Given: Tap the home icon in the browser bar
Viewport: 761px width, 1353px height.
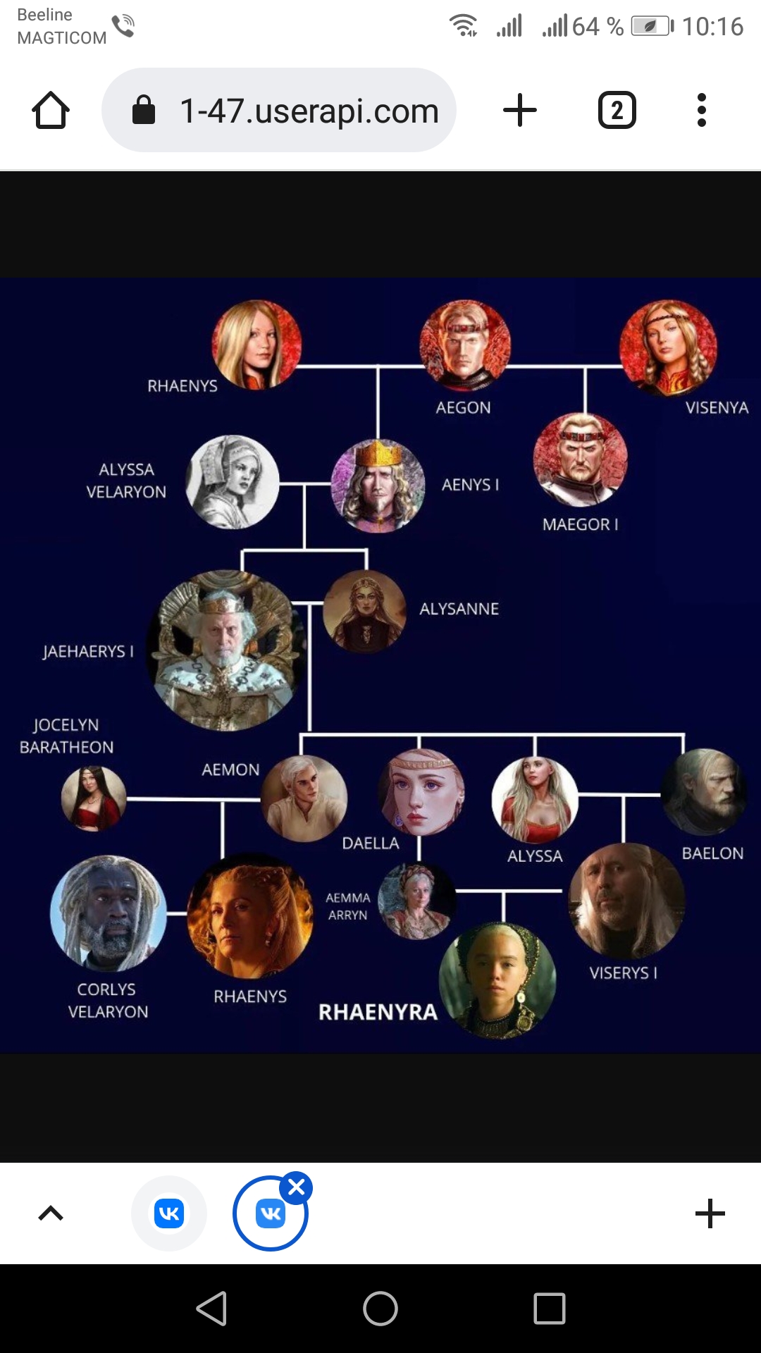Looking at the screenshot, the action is pyautogui.click(x=51, y=110).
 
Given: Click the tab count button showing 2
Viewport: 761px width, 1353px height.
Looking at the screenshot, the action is pyautogui.click(x=617, y=110).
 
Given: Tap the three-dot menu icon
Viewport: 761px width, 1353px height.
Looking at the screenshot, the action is pyautogui.click(x=701, y=110).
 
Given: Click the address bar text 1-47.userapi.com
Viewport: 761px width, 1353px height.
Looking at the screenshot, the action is pyautogui.click(x=309, y=111).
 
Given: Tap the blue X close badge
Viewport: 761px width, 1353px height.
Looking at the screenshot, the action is pyautogui.click(x=297, y=1188).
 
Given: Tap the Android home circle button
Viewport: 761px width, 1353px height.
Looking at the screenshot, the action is pyautogui.click(x=380, y=1309).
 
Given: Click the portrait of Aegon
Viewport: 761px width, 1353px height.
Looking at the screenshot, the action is pyautogui.click(x=464, y=346).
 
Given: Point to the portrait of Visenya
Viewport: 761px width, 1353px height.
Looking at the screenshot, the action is pyautogui.click(x=668, y=347).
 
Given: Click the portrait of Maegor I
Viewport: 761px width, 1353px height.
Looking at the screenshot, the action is pyautogui.click(x=581, y=459).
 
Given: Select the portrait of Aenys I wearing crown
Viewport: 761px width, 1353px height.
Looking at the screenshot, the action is pyautogui.click(x=378, y=486).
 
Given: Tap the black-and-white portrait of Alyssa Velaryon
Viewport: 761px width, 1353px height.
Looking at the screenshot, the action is pyautogui.click(x=233, y=482).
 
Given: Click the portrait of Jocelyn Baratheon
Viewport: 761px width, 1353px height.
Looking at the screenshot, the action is pyautogui.click(x=94, y=798).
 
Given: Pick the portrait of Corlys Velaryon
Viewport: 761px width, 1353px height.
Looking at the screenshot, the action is pyautogui.click(x=109, y=914).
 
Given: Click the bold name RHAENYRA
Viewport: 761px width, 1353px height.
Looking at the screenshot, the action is pyautogui.click(x=378, y=1012).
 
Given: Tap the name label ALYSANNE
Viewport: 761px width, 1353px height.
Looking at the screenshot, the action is pyautogui.click(x=459, y=609).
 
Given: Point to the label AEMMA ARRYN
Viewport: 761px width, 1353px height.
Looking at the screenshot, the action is pyautogui.click(x=348, y=906).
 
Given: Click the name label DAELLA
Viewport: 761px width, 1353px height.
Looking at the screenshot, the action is pyautogui.click(x=371, y=844).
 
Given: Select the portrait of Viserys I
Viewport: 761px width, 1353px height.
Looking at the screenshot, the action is pyautogui.click(x=626, y=901).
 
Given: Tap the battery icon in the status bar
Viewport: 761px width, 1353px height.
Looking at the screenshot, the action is pyautogui.click(x=652, y=27).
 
